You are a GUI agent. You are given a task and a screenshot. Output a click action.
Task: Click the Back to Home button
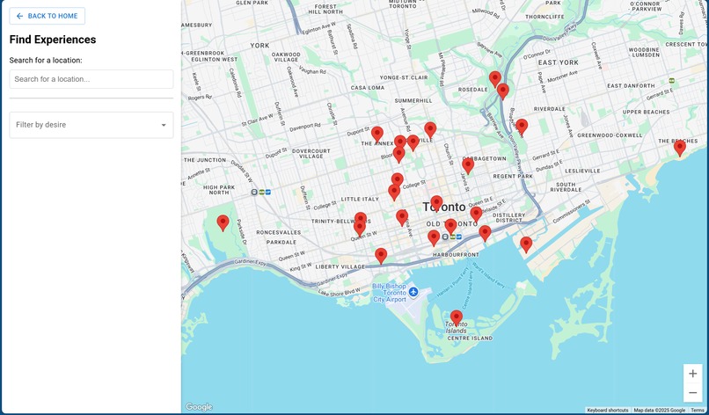coord(48,16)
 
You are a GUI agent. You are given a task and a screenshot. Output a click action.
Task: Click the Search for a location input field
coord(91,79)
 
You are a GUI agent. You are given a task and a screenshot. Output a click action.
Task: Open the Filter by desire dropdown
coord(91,125)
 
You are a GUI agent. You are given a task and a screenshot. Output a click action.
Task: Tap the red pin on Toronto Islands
coord(456,317)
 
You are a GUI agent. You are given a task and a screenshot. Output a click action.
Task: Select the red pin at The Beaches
coord(679,148)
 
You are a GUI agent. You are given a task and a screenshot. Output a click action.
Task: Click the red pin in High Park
coord(223,222)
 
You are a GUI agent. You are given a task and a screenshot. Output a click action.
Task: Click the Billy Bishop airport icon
coord(413,291)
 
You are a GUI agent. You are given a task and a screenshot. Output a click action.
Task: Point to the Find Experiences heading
coord(53,40)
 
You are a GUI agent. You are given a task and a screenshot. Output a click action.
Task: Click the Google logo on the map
coord(199,406)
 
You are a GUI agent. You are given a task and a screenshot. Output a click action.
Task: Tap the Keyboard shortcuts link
coord(608,410)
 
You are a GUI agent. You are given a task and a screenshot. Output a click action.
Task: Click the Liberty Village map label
coord(340,266)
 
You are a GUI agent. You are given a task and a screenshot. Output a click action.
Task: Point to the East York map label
coord(559,62)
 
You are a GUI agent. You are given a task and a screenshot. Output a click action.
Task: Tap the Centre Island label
coord(470,338)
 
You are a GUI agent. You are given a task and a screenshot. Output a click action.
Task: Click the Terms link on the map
coord(697,410)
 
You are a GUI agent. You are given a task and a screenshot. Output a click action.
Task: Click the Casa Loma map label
coord(368,88)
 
